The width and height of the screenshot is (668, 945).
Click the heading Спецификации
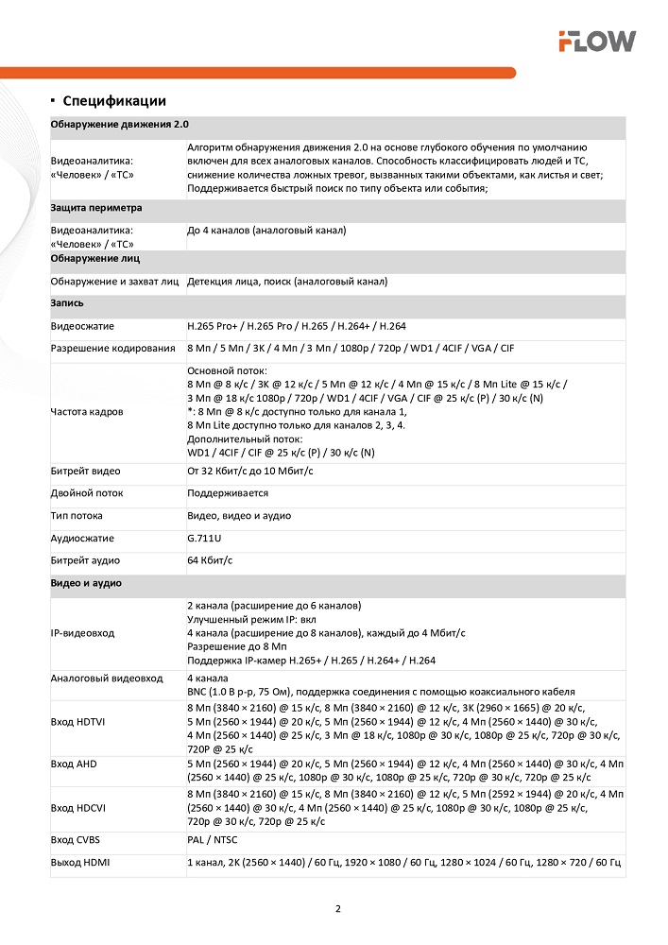pos(114,101)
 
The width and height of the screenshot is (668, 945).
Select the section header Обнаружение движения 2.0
pos(120,125)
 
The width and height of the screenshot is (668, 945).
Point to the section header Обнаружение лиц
pos(95,258)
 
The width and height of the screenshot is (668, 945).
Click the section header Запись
pos(67,303)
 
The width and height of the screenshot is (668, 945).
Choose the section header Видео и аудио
pos(86,584)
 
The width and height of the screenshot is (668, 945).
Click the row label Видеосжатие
pos(82,326)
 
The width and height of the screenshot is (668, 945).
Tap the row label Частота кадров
pos(87,412)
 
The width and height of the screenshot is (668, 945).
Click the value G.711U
pos(205,539)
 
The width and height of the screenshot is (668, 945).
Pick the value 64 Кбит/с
pos(210,561)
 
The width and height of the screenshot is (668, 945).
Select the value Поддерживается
pos(228,493)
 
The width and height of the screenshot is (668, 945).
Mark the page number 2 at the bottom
pos(337,909)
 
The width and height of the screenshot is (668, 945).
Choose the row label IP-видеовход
pos(84,632)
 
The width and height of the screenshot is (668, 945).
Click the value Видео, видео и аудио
pos(239,516)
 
